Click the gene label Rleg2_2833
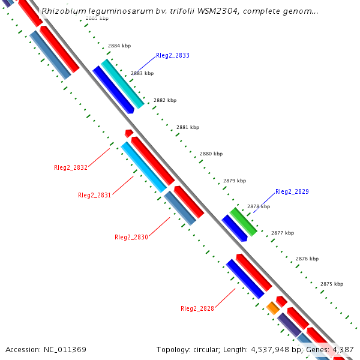coord(172,55)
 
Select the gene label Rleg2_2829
coord(292,191)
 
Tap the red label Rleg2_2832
coord(70,167)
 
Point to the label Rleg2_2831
coord(94,195)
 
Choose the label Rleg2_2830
coord(131,237)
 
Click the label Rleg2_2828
coord(197,308)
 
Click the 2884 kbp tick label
coord(119,46)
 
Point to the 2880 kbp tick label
coord(211,154)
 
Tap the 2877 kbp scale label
coord(283,233)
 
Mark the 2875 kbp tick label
coord(332,284)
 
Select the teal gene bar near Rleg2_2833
coord(122,83)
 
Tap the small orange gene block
coord(272,308)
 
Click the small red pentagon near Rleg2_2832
coord(128,133)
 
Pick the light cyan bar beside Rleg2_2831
coord(144,167)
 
